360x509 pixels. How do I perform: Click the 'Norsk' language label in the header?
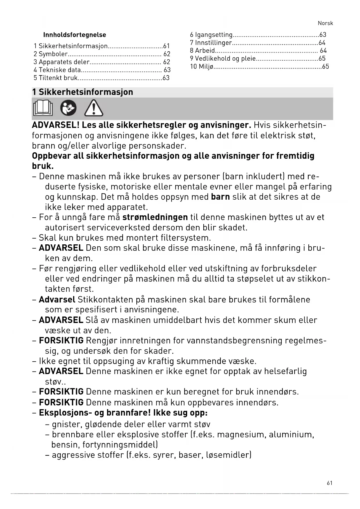click(x=325, y=23)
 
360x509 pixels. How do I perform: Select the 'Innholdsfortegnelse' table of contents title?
click(x=75, y=35)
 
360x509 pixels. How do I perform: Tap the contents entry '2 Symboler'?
click(x=50, y=54)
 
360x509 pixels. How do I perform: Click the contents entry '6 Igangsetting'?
click(x=211, y=35)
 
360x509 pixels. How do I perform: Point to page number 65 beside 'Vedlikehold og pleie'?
click(x=322, y=58)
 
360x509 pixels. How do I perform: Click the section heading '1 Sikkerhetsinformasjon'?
click(x=83, y=92)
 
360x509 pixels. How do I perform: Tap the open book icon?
click(x=43, y=108)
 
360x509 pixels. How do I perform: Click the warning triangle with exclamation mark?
click(x=93, y=108)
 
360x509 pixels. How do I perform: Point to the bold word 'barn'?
click(x=220, y=197)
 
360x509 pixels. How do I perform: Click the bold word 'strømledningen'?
click(x=155, y=217)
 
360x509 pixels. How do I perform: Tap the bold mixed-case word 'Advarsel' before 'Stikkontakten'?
click(x=57, y=299)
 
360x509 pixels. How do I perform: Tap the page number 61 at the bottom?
click(x=330, y=483)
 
